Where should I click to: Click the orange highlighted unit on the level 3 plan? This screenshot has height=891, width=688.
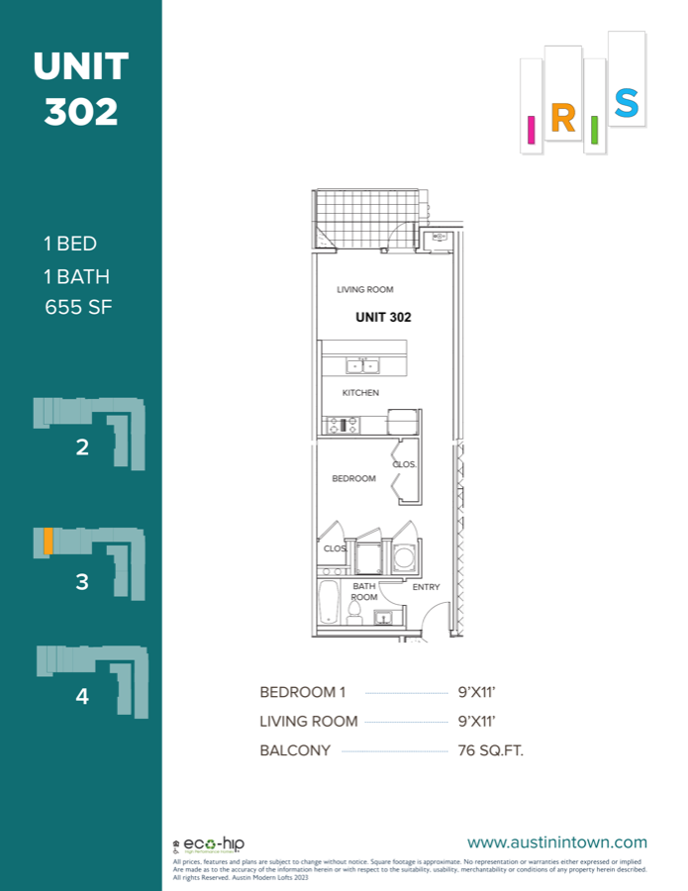[x=48, y=543]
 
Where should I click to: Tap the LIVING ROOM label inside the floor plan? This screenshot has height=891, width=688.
[x=365, y=290]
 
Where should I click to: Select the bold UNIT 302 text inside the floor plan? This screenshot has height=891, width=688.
[x=382, y=318]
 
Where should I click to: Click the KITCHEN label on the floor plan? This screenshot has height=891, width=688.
[x=360, y=393]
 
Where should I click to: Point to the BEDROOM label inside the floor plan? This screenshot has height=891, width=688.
[x=353, y=479]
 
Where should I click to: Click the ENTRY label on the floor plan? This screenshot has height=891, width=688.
[x=426, y=587]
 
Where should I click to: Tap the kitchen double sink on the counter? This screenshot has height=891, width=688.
[x=362, y=366]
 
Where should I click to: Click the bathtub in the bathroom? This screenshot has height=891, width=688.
[x=329, y=601]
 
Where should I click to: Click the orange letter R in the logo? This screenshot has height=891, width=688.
[x=562, y=119]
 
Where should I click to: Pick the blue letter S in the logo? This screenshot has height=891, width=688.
[x=626, y=103]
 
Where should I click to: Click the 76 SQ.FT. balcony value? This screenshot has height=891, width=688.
[x=491, y=750]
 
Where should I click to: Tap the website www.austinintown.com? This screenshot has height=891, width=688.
[x=556, y=842]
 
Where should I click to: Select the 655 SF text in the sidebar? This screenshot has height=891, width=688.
[x=79, y=307]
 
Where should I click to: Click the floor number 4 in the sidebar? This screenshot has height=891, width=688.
[x=82, y=696]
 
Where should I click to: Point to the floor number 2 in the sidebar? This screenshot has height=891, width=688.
[x=82, y=446]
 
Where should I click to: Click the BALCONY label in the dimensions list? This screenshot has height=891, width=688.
[x=295, y=750]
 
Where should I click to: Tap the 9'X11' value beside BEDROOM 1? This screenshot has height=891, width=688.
[x=477, y=692]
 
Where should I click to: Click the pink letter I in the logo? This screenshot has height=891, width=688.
[x=532, y=129]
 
